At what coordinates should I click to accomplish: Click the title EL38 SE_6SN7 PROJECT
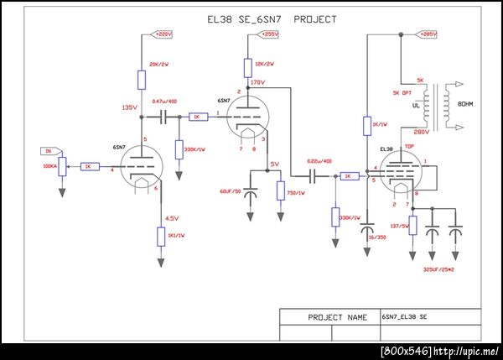260,18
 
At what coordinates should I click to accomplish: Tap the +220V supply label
162,34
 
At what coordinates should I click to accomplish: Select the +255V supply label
268,34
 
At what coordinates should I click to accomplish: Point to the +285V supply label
427,34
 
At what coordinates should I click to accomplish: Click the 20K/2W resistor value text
159,65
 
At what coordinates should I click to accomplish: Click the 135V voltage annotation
129,107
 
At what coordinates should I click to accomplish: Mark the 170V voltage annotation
257,82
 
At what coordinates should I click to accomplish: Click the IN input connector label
49,151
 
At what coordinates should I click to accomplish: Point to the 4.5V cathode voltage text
173,218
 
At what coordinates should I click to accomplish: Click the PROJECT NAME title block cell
329,317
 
